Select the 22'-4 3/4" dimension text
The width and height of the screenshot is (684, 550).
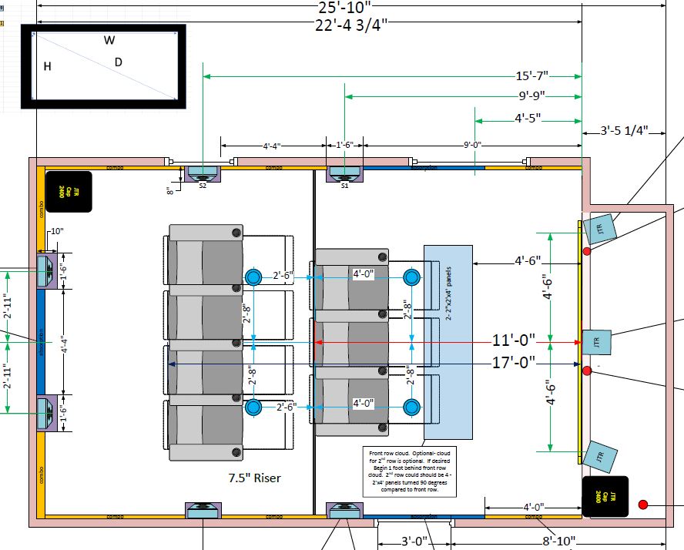click(351, 25)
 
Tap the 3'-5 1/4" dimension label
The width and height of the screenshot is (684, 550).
click(624, 131)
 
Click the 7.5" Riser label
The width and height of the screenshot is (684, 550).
click(254, 478)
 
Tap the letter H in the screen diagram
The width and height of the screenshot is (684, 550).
click(48, 67)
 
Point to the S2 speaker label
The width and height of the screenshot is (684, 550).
click(203, 186)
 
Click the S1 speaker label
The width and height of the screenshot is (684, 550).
click(344, 186)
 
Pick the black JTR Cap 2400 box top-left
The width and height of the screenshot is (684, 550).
click(69, 192)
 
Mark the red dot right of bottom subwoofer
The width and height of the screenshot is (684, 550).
click(643, 505)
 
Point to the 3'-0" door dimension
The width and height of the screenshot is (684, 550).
click(414, 541)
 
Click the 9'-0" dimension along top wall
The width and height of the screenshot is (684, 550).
click(472, 145)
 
